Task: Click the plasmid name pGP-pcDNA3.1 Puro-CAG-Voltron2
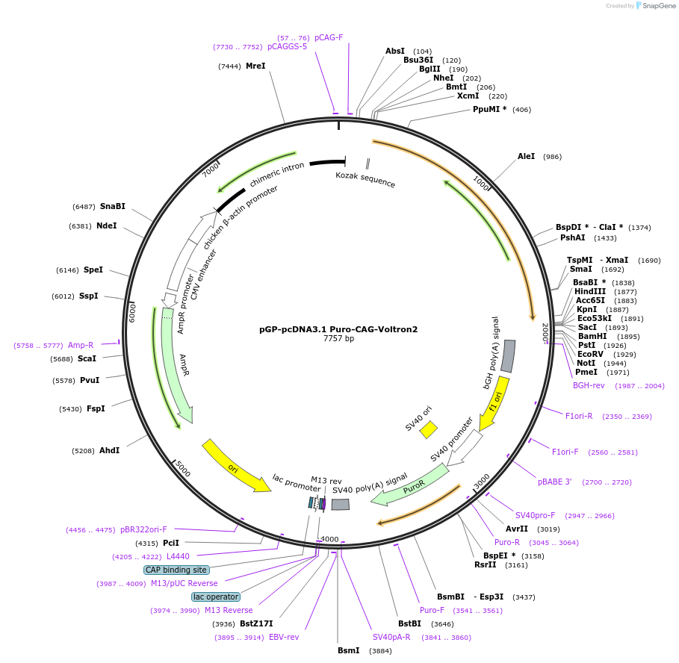pyautogui.click(x=338, y=329)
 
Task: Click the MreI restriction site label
pyautogui.click(x=255, y=66)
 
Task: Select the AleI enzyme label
pyautogui.click(x=527, y=156)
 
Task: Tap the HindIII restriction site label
pyautogui.click(x=590, y=291)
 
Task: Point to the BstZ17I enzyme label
pyautogui.click(x=256, y=623)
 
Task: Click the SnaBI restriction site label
pyautogui.click(x=113, y=206)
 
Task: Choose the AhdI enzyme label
pyautogui.click(x=109, y=450)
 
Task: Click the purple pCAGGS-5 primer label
pyautogui.click(x=287, y=46)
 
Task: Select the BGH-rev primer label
pyautogui.click(x=589, y=385)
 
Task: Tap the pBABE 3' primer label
pyautogui.click(x=555, y=482)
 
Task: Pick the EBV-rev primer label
pyautogui.click(x=284, y=637)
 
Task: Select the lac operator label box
pyautogui.click(x=216, y=597)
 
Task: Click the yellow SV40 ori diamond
pyautogui.click(x=428, y=429)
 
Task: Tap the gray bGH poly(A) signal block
pyautogui.click(x=507, y=356)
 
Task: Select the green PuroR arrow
pyautogui.click(x=415, y=483)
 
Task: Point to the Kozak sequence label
pyautogui.click(x=365, y=179)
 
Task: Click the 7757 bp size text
pyautogui.click(x=338, y=338)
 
